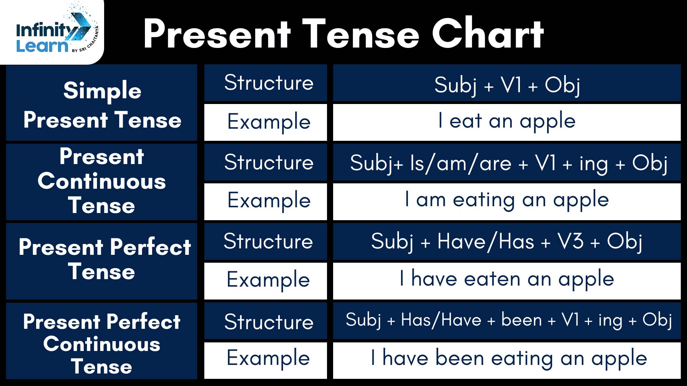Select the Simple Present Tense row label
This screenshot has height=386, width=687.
click(x=102, y=104)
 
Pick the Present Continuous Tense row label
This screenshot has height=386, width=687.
click(x=102, y=181)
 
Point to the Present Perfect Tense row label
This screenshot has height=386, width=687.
click(x=105, y=259)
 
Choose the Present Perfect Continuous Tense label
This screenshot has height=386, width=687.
click(x=102, y=344)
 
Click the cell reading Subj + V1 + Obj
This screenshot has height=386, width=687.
click(x=507, y=85)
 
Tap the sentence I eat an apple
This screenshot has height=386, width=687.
click(x=507, y=121)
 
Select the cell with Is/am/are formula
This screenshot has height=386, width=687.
click(x=508, y=164)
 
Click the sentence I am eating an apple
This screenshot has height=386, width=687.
click(x=507, y=199)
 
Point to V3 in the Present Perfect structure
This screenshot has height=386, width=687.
click(x=571, y=241)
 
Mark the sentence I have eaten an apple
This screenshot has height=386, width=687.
click(x=507, y=278)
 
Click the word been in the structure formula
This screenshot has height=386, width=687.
click(x=521, y=319)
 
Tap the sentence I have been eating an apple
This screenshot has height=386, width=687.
click(x=509, y=358)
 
